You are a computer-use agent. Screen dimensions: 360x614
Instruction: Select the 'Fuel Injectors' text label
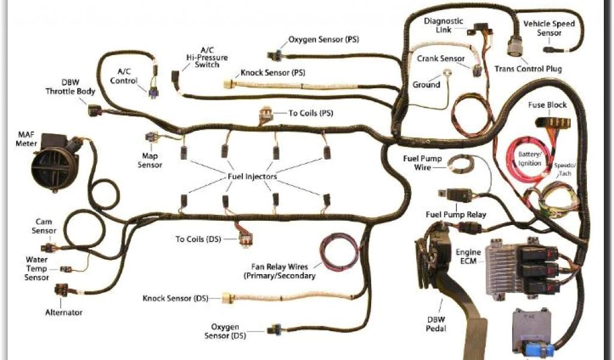[x=252, y=176]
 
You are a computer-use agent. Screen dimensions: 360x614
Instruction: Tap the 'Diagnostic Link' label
[x=444, y=25]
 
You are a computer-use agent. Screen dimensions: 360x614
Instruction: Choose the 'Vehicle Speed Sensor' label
[x=549, y=28]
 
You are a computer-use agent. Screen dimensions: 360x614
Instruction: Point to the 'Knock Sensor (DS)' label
[x=176, y=298]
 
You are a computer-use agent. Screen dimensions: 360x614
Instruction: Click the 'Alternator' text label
[x=64, y=312]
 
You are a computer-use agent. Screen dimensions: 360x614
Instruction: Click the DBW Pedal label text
[x=436, y=323]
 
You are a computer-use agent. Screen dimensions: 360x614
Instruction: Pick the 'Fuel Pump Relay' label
[x=456, y=214]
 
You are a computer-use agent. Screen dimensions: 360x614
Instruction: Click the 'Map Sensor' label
[x=150, y=160]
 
